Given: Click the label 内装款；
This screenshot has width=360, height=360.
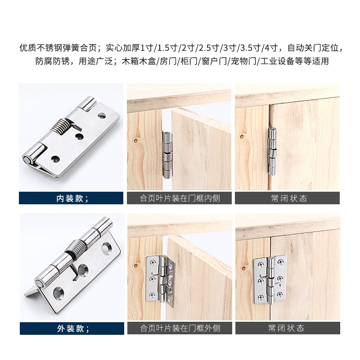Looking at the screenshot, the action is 72,198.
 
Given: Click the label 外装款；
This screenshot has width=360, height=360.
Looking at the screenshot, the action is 73,328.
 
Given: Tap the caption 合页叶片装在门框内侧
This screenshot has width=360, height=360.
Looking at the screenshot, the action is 180,198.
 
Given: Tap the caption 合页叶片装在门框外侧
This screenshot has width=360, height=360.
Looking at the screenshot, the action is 180,328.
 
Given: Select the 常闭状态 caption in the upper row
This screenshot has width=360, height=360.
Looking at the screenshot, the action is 289,198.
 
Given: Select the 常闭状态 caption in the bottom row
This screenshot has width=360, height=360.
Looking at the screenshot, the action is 286,328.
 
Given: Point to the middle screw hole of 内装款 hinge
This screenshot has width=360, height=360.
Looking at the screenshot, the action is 79,136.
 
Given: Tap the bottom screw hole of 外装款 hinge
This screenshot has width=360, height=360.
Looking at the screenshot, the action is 58,294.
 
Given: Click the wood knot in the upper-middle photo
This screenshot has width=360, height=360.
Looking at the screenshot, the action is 135,140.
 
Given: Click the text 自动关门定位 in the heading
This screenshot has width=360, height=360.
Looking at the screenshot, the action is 313,48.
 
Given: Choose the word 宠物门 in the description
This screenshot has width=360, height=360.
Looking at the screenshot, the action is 243,61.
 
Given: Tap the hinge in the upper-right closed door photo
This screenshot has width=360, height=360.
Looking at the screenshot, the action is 272,151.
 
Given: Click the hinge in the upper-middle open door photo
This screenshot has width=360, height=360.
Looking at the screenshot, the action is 167,155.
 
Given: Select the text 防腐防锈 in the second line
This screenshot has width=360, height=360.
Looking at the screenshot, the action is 52,61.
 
